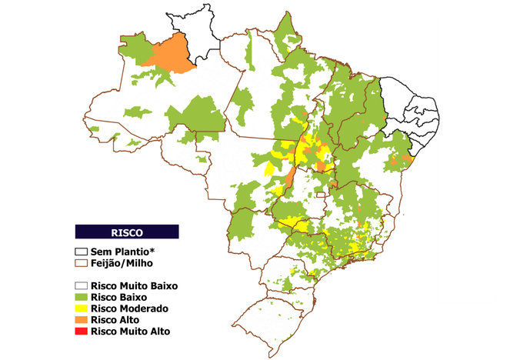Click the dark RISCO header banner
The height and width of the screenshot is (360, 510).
(x=127, y=231)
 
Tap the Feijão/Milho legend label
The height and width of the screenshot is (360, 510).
(x=123, y=263)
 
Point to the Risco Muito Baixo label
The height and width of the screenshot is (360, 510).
(x=134, y=285)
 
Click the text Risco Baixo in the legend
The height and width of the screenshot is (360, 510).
(x=118, y=297)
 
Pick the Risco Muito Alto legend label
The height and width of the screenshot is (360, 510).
(x=130, y=332)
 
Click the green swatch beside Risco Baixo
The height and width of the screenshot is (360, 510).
(x=81, y=297)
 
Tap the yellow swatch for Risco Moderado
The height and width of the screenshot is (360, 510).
(x=81, y=308)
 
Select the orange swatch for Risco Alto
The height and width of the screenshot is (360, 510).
(x=81, y=320)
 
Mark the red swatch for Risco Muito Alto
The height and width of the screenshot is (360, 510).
(x=81, y=332)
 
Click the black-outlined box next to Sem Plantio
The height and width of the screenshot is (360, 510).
(x=81, y=252)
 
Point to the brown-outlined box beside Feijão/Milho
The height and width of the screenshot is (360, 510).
(x=81, y=263)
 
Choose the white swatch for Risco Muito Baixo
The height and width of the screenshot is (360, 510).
(x=81, y=285)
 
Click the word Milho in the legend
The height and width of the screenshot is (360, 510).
(x=142, y=263)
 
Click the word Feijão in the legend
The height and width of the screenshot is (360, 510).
(x=106, y=263)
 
